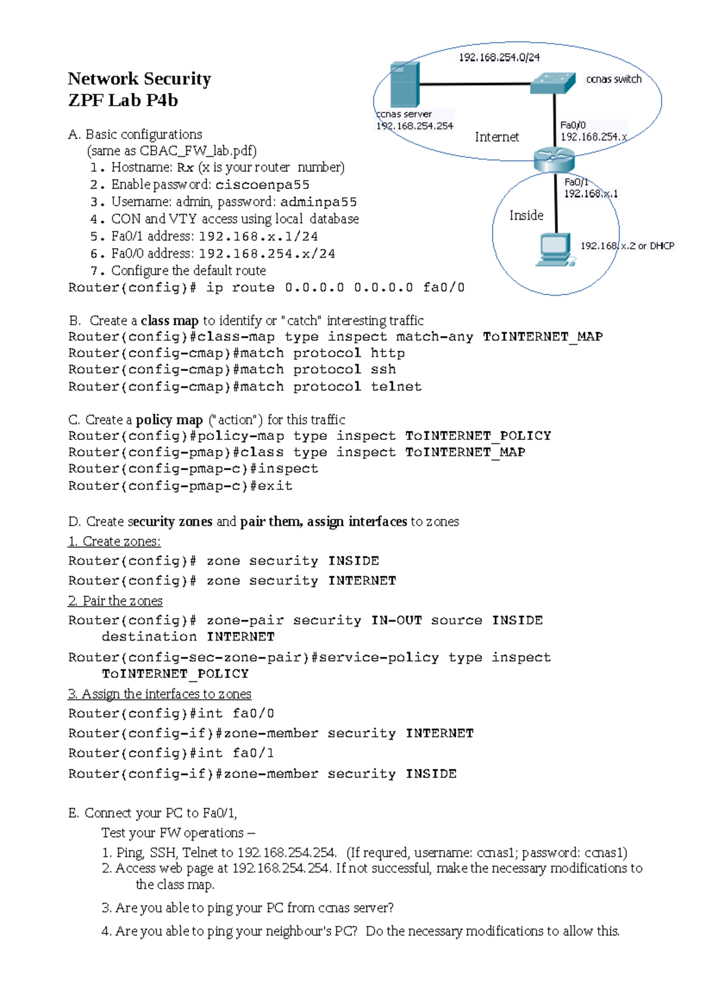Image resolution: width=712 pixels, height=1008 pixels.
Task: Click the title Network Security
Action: point(139,79)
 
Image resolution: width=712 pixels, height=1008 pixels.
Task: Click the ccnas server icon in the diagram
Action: point(405,85)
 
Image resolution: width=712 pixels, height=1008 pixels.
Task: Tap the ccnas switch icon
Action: point(553,83)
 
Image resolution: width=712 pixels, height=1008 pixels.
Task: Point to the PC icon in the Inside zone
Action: point(555,250)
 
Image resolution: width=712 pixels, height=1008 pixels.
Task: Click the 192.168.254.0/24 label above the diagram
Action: point(499,58)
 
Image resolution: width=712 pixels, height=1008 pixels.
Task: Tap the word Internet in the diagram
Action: point(497,137)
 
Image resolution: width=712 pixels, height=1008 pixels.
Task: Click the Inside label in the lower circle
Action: point(526,215)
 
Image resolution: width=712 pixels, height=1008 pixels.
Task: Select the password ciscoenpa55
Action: point(262,185)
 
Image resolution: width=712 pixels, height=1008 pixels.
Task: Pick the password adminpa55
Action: point(319,202)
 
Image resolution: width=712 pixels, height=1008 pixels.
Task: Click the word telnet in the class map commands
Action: point(396,386)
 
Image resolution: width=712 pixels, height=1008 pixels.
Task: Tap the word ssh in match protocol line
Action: point(383,369)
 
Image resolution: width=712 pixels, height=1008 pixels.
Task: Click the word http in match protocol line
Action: point(387,353)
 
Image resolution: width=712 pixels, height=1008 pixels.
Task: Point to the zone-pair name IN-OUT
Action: point(396,620)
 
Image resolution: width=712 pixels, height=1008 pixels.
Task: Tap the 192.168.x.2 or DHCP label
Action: point(627,246)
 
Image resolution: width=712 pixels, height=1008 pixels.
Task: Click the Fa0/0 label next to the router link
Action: point(573,125)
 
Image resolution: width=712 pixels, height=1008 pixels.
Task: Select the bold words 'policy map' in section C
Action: point(169,420)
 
